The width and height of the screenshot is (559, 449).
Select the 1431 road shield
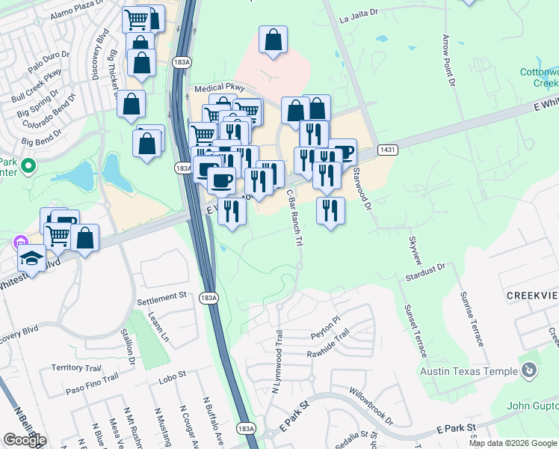[x=386, y=150]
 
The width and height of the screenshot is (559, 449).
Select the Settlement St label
[x=161, y=296]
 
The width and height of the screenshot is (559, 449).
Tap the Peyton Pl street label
[x=326, y=320]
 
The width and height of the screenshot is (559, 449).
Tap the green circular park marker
[x=28, y=165]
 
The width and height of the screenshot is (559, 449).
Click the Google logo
[x=24, y=440]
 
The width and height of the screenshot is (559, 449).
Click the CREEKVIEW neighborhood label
[x=532, y=296]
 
